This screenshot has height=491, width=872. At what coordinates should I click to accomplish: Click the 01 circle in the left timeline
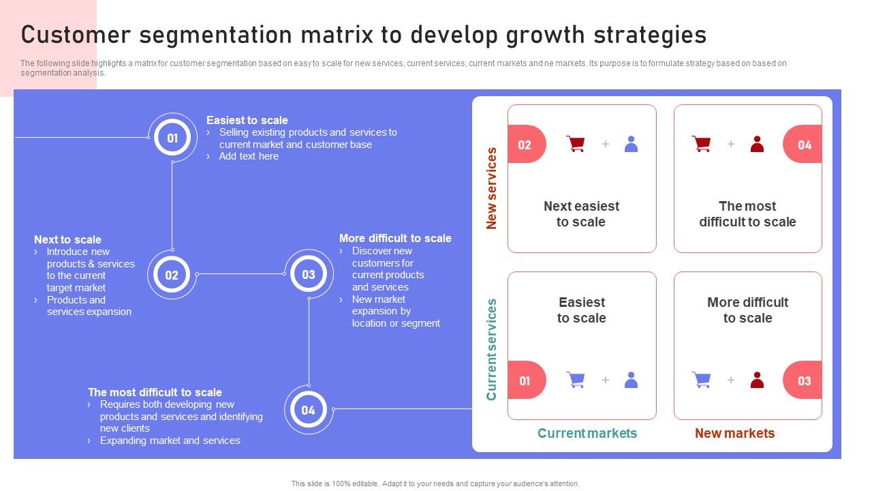point(172,138)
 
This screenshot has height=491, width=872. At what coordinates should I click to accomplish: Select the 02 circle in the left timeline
point(172,274)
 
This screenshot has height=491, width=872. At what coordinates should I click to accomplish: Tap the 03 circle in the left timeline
point(309,274)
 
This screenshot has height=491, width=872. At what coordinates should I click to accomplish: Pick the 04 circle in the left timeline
point(309,410)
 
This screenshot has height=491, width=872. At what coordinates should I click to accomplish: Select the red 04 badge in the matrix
point(803,144)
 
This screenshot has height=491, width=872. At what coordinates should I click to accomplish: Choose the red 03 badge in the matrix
point(803,380)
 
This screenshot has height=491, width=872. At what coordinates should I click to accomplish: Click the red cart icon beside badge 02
point(576,144)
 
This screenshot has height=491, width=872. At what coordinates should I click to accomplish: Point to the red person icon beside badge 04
point(757,144)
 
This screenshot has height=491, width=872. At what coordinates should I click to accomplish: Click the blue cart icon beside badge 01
point(576,380)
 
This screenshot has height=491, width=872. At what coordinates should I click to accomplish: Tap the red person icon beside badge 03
point(757,380)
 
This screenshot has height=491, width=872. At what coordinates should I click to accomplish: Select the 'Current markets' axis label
point(587,433)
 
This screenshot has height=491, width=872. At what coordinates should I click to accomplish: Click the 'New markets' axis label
point(734,433)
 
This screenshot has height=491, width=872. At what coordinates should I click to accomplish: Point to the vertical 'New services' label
point(491,188)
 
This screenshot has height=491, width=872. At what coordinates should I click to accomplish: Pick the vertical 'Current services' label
point(491,350)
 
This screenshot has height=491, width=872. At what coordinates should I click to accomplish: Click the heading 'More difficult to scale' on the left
point(395,238)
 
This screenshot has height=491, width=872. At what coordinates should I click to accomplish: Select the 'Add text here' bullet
point(249,156)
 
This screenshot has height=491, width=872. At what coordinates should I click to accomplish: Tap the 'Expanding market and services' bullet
point(170,441)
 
